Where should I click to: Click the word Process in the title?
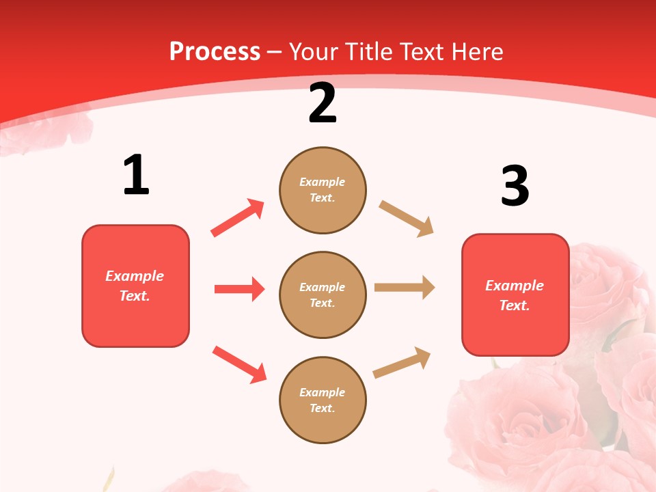215,52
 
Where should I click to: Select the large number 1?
136,176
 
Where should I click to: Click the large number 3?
515,187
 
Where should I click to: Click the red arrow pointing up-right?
238,218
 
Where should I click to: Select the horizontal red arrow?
239,289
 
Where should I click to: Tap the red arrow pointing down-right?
239,364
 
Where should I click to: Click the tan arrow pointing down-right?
407,219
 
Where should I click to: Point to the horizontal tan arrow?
405,288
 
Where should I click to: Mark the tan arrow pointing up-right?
402,362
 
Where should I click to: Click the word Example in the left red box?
135,276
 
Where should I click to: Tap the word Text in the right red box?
514,305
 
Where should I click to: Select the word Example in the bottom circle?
323,392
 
